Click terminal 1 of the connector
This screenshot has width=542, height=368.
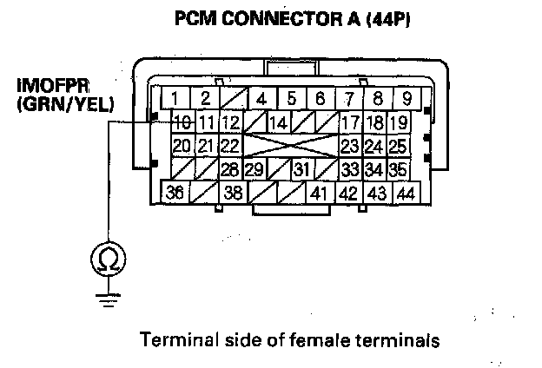pyautogui.click(x=176, y=97)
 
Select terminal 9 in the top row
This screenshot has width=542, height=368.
pyautogui.click(x=406, y=97)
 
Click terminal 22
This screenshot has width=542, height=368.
pyautogui.click(x=229, y=144)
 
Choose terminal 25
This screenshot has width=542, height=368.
pyautogui.click(x=398, y=144)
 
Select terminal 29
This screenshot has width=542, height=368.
pyautogui.click(x=254, y=168)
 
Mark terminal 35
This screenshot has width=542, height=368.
pyautogui.click(x=398, y=168)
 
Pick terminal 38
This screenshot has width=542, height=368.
pyautogui.click(x=233, y=192)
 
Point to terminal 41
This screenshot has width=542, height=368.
pyautogui.click(x=320, y=192)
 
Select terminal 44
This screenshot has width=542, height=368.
pyautogui.click(x=405, y=192)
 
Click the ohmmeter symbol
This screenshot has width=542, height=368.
pyautogui.click(x=107, y=258)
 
